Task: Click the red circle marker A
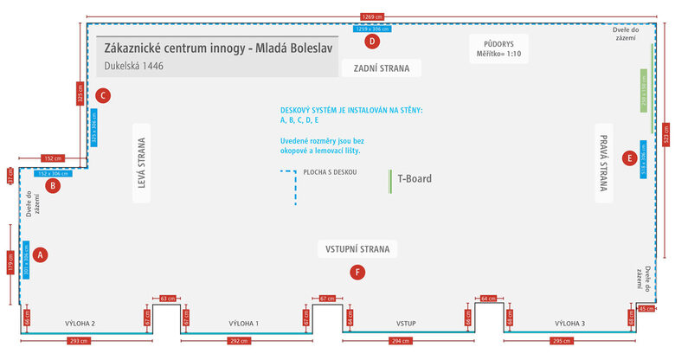(x=41, y=254)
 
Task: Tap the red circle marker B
(x=53, y=185)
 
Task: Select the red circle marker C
(x=103, y=96)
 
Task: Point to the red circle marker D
(x=372, y=41)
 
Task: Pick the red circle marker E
(x=629, y=157)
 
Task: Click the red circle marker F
(x=357, y=272)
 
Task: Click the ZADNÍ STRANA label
(x=381, y=67)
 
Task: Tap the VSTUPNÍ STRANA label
(x=357, y=249)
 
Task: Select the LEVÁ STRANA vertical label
(x=143, y=164)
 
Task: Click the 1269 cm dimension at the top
(x=373, y=16)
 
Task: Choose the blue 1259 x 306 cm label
(x=373, y=29)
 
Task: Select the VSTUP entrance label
(x=407, y=324)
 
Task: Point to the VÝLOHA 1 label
(x=244, y=324)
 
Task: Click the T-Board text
(x=415, y=179)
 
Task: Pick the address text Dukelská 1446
(x=134, y=65)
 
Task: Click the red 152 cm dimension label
(x=53, y=158)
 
